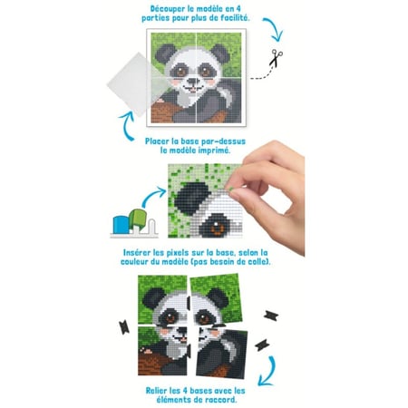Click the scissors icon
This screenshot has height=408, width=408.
coord(276,57)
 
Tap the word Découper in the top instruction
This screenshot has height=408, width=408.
coord(167,9)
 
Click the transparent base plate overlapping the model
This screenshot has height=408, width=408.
coord(138,84)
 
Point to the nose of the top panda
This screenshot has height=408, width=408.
coord(192,81)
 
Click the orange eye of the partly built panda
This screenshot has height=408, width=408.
coord(217,228)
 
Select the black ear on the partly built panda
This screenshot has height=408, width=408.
coord(192,199)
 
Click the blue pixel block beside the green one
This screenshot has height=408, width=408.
coord(121,225)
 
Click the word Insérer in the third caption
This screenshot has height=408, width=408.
coord(138,253)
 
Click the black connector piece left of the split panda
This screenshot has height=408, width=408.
coord(124,327)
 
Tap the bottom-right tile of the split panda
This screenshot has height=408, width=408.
coord(221,353)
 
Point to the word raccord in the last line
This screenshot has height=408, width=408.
coord(220,400)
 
